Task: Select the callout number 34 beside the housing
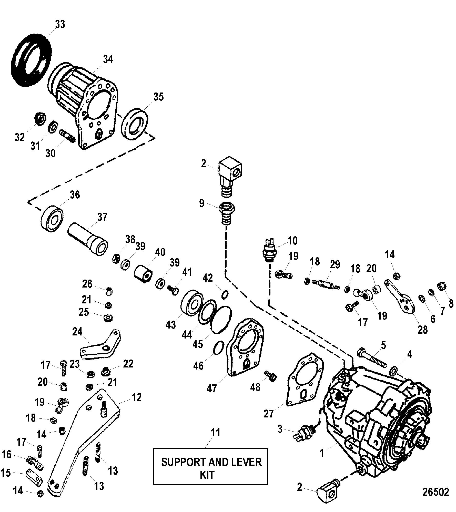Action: tap(108, 59)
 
